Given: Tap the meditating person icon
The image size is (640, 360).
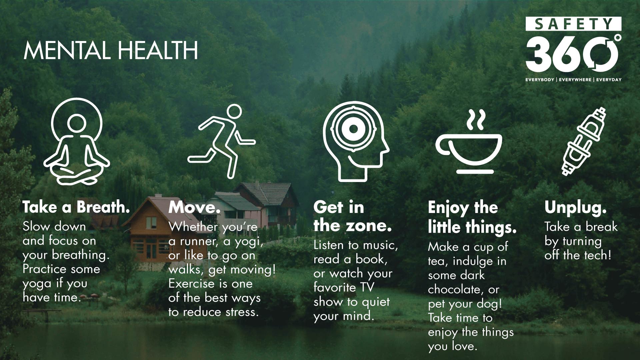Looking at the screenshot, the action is tap(77, 141).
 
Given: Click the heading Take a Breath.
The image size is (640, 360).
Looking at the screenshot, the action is tap(76, 207).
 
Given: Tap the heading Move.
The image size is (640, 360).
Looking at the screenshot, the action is tap(194, 207).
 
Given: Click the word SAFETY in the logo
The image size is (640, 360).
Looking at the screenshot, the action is tap(574, 24).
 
